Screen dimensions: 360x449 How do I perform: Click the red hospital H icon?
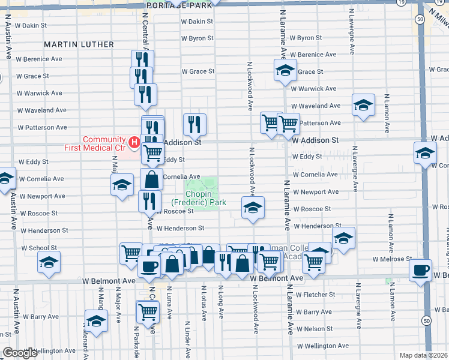click(x=134, y=143)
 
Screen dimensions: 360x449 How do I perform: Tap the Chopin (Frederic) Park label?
click(x=198, y=198)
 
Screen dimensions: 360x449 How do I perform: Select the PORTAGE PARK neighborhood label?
click(x=179, y=5)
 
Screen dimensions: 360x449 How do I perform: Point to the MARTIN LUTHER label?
click(x=79, y=44)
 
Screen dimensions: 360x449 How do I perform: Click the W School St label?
click(x=38, y=248)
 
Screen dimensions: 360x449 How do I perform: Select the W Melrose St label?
click(x=392, y=259)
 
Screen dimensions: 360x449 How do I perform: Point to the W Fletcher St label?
click(x=316, y=295)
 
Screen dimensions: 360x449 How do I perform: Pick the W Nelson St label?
click(x=315, y=329)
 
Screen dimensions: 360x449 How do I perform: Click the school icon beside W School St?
click(x=49, y=262)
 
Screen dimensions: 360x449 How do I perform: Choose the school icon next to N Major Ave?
click(x=122, y=184)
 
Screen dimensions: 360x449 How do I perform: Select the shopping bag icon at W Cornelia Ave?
click(x=151, y=179)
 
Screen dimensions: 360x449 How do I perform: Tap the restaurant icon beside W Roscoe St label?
click(x=149, y=201)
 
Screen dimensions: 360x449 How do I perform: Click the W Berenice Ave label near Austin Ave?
click(x=39, y=59)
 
